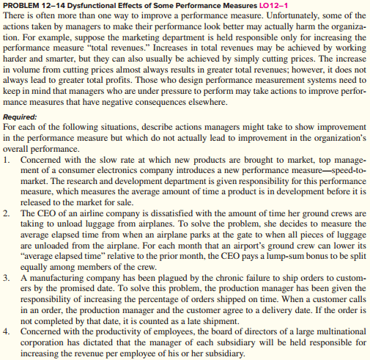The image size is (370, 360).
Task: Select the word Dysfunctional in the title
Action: click(x=100, y=6)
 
